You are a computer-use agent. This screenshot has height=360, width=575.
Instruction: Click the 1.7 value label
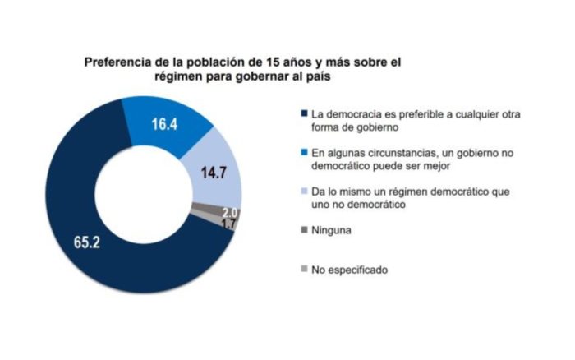pyautogui.click(x=228, y=224)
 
